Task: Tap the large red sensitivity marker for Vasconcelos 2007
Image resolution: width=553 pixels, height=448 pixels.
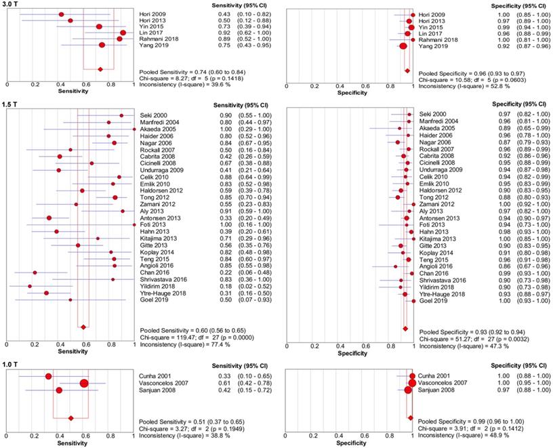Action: click(x=84, y=384)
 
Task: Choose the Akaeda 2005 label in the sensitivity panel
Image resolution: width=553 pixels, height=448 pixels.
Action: click(x=156, y=129)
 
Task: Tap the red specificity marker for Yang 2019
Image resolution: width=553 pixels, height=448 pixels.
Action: click(x=403, y=45)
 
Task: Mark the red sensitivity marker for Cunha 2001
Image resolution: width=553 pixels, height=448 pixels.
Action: click(x=48, y=376)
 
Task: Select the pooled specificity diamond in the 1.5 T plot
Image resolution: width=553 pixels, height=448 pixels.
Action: click(x=405, y=328)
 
